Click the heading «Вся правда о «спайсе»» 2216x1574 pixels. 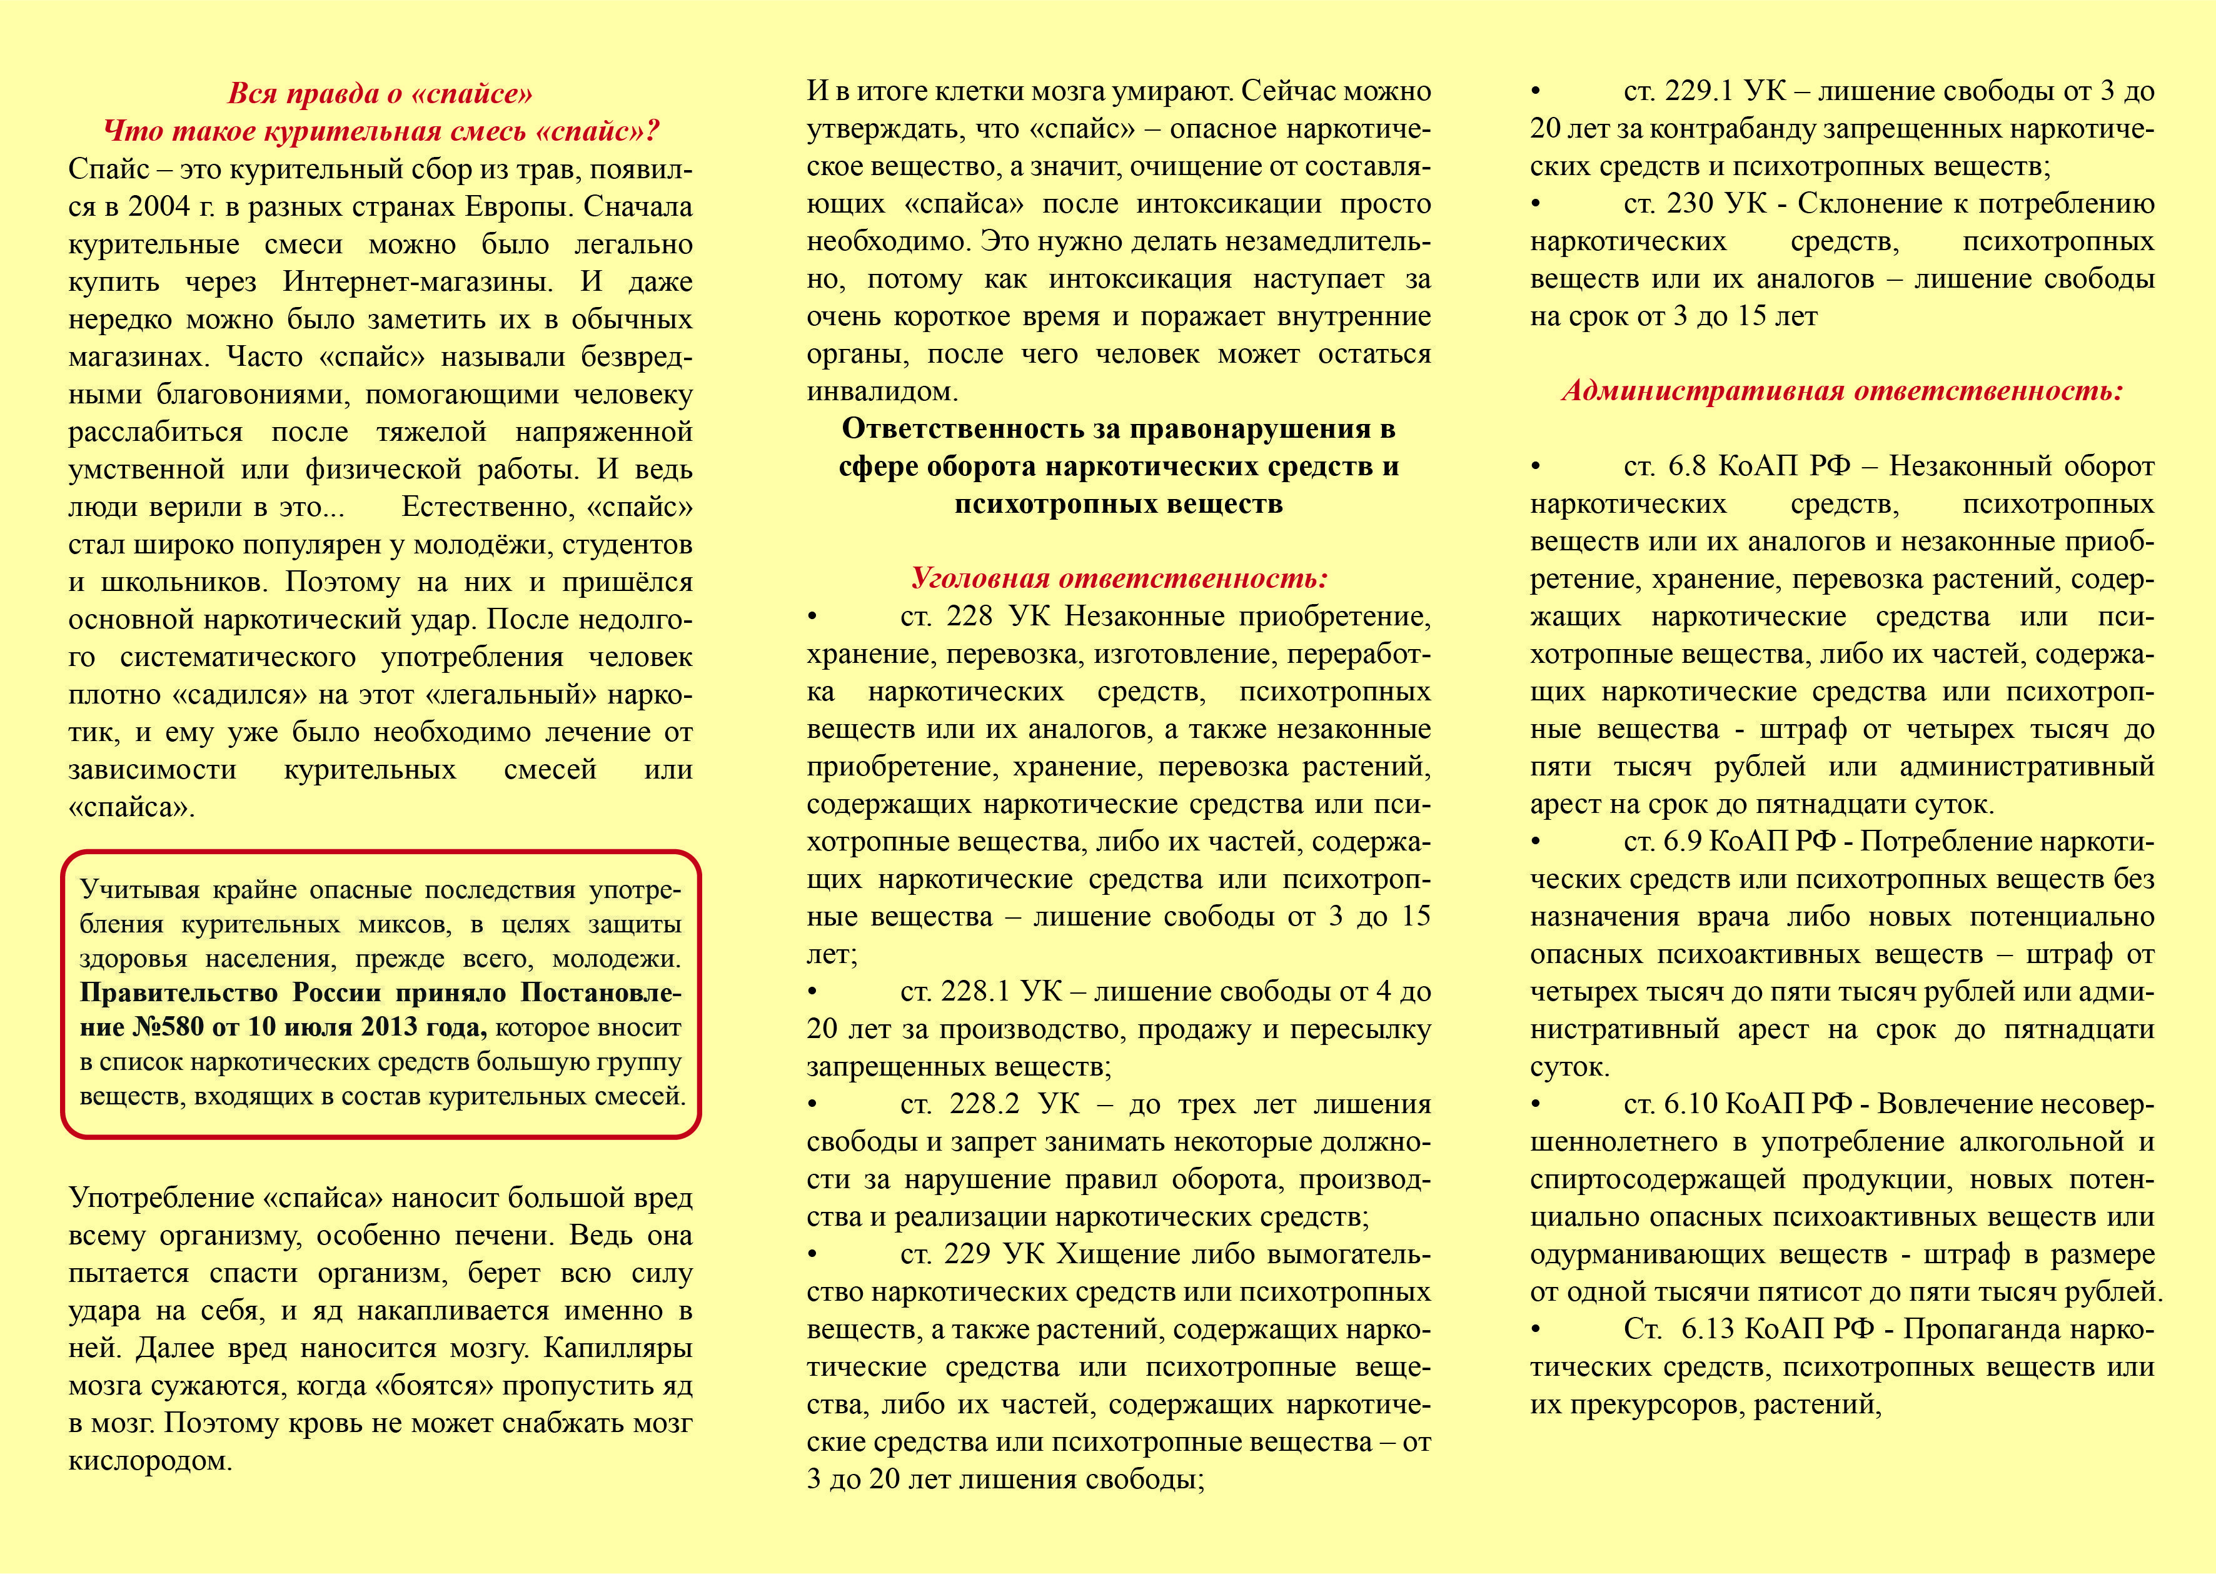(x=380, y=93)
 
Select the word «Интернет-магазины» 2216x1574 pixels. (x=418, y=282)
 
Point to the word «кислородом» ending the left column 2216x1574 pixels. (x=149, y=1461)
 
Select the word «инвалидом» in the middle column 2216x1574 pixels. (x=882, y=391)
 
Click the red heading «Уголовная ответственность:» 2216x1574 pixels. (x=1119, y=578)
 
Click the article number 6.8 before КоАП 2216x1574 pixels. (x=1687, y=466)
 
